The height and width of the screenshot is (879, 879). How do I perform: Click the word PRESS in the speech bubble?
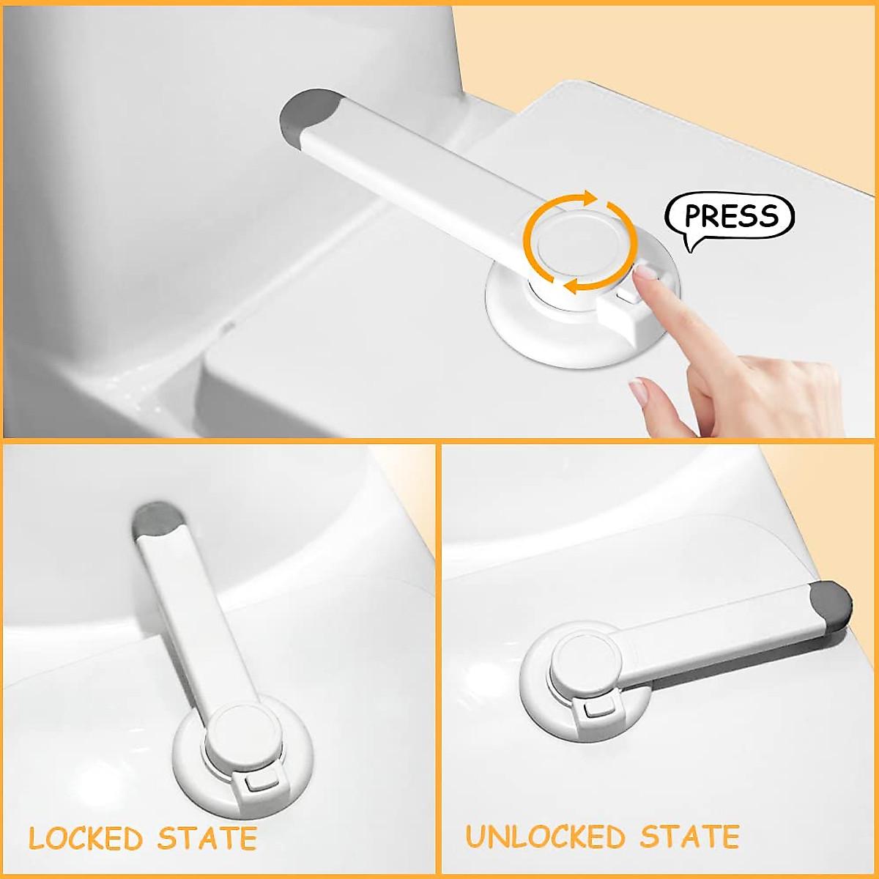pyautogui.click(x=731, y=216)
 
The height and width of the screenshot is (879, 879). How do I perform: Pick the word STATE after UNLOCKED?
pyautogui.click(x=689, y=837)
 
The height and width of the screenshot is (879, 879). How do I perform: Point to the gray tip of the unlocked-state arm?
pyautogui.click(x=831, y=604)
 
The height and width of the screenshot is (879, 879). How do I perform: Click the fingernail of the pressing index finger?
pyautogui.click(x=645, y=273)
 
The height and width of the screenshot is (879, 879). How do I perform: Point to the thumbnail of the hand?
pyautogui.click(x=639, y=393)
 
